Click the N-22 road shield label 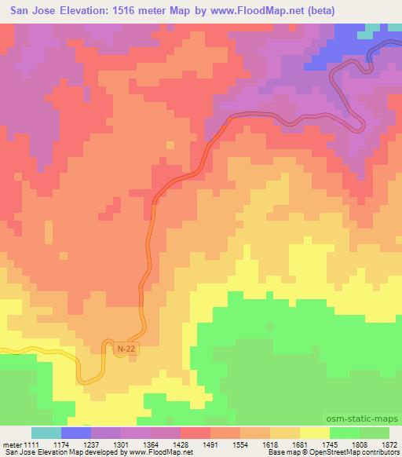click(x=124, y=349)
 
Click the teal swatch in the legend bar click(x=46, y=433)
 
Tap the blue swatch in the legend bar click(x=76, y=433)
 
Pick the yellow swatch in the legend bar click(x=314, y=433)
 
